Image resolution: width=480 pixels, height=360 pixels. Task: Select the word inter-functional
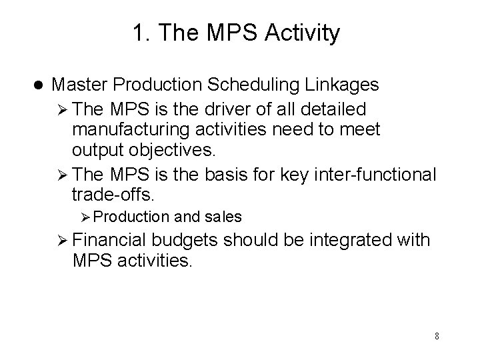click(x=378, y=174)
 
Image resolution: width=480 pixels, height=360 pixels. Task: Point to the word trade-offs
click(x=111, y=195)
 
